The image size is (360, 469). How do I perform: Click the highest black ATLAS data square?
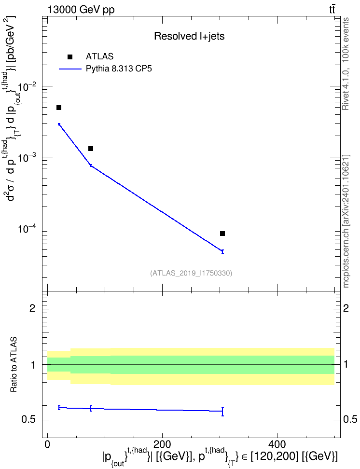(x=59, y=108)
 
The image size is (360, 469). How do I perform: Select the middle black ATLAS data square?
(x=91, y=149)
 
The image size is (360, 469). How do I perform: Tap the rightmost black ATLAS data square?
(x=222, y=234)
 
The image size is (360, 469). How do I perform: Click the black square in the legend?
(x=70, y=57)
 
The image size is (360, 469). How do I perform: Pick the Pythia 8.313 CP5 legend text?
(x=119, y=69)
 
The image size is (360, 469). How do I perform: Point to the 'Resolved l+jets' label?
(x=189, y=36)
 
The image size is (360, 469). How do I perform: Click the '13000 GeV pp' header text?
(x=81, y=10)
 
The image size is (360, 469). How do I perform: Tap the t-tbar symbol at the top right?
(x=332, y=9)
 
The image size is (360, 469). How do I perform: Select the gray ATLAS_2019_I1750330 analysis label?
(x=191, y=273)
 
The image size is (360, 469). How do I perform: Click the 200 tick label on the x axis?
(x=162, y=444)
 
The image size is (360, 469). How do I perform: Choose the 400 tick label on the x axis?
(x=277, y=444)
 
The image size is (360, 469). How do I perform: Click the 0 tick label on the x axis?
(x=47, y=444)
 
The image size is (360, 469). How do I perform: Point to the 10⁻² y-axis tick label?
(x=27, y=87)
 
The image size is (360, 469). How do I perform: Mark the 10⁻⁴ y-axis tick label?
(x=27, y=229)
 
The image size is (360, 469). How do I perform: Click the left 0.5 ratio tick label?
(x=28, y=420)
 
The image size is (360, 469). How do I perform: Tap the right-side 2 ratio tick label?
(x=346, y=308)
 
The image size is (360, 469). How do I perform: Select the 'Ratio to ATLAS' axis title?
(x=14, y=365)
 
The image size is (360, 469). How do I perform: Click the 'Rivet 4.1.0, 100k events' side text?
(x=346, y=64)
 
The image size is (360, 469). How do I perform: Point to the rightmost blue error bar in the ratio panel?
(x=222, y=411)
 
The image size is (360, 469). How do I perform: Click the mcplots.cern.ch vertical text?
(x=346, y=221)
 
